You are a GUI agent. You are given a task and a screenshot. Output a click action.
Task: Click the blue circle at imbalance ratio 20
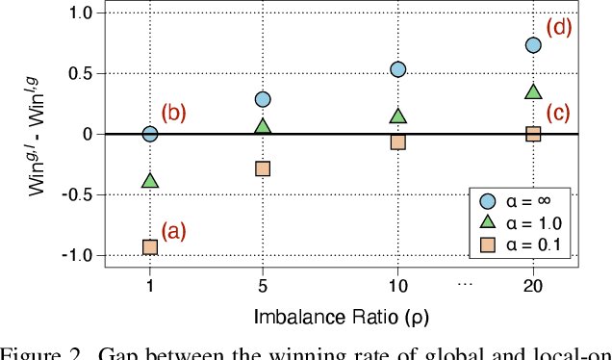pos(533,45)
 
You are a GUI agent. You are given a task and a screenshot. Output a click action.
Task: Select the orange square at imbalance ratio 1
pos(150,247)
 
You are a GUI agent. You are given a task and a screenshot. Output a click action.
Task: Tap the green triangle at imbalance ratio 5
pos(263,126)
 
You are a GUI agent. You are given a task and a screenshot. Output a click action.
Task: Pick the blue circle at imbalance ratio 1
pos(150,134)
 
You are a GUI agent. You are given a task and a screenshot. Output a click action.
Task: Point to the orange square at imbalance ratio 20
pos(533,134)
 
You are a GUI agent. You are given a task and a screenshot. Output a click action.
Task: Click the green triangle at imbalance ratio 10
pos(397,116)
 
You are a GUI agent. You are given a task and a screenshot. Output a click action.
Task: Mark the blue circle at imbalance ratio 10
pos(397,69)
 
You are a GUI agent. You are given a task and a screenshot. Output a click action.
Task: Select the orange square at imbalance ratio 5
pos(263,168)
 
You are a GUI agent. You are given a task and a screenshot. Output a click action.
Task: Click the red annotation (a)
pos(173,231)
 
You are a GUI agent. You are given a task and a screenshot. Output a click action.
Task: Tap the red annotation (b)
pos(173,113)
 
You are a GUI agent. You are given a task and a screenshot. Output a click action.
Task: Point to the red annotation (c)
pos(558,113)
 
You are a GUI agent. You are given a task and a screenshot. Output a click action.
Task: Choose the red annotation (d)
pos(558,27)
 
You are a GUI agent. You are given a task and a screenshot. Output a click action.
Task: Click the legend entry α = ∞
pos(523,200)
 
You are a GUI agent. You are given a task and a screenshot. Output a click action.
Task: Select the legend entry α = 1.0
pos(523,224)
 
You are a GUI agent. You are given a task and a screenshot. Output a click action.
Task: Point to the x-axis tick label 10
pos(397,287)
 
